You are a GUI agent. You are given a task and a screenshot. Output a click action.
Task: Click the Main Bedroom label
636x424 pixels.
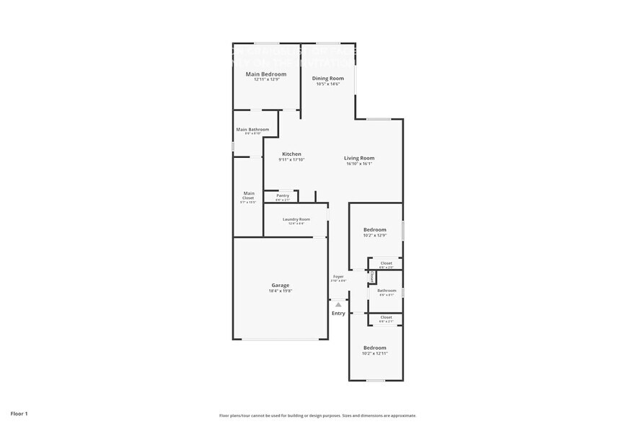[x=266, y=74]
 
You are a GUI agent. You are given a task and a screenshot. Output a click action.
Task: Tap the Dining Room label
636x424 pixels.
[x=327, y=78]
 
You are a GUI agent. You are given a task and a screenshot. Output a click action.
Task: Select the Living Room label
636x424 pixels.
[x=358, y=158]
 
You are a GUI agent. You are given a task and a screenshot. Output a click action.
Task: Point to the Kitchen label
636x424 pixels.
[x=291, y=154]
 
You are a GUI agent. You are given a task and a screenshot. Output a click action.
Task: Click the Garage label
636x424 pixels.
[x=281, y=285]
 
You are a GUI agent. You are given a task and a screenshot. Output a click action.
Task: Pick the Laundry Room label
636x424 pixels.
[x=296, y=218]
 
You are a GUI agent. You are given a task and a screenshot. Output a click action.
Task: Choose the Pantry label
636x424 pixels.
[x=283, y=195]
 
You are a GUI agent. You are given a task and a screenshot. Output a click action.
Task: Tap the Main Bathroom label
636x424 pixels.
[x=252, y=129]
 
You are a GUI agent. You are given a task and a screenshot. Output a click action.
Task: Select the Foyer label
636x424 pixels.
[x=338, y=276]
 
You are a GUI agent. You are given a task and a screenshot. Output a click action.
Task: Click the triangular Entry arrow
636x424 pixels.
[x=338, y=305]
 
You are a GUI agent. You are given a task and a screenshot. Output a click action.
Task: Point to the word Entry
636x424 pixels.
[x=338, y=313]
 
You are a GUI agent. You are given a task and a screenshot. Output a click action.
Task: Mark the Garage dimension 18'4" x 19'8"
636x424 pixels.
[x=281, y=291]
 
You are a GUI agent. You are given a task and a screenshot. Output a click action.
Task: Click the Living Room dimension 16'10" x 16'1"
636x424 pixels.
[x=358, y=164]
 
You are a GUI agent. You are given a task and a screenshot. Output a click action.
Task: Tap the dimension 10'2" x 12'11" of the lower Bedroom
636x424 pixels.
[x=375, y=353]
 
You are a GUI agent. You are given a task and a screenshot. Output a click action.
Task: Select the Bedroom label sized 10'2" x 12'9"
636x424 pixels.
[x=375, y=229]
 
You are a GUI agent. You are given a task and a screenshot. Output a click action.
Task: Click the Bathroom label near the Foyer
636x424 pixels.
[x=387, y=290]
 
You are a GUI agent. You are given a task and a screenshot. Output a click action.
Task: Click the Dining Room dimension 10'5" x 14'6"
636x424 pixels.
[x=327, y=84]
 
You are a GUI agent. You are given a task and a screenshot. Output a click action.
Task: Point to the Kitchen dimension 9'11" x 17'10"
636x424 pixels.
[x=291, y=159]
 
